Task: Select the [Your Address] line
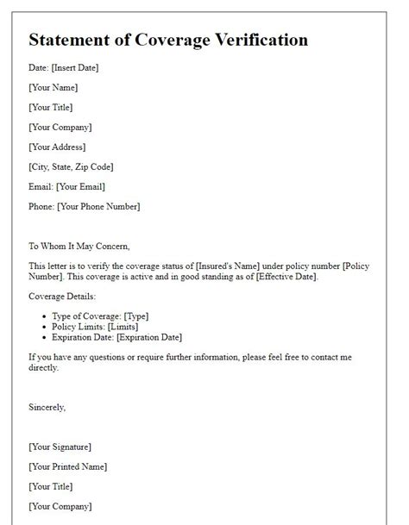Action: pos(57,147)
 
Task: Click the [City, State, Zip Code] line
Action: pos(71,166)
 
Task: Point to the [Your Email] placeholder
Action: pos(79,186)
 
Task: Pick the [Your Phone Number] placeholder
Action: pos(99,206)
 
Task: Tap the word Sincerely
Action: pos(47,407)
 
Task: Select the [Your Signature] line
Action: pos(60,447)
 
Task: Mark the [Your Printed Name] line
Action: pos(67,466)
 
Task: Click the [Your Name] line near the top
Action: pos(53,87)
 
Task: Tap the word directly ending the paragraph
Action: pos(44,367)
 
